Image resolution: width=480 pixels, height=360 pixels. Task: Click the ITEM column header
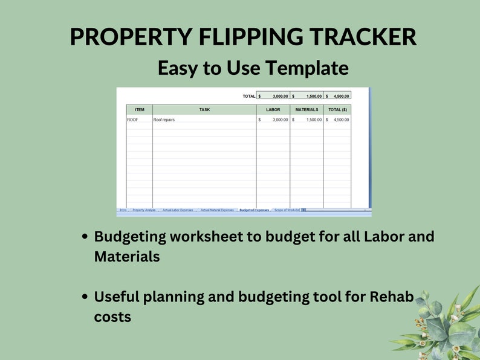(139, 109)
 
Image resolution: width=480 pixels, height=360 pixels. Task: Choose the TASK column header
(204, 109)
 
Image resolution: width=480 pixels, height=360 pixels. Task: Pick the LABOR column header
(273, 109)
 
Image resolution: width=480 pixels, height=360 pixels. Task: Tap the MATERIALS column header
(306, 109)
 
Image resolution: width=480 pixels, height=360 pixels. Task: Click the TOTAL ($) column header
(337, 109)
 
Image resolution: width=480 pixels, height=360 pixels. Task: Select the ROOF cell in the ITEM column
(133, 120)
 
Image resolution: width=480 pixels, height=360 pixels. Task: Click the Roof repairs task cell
(164, 120)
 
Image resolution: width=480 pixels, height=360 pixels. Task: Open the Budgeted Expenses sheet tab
(254, 210)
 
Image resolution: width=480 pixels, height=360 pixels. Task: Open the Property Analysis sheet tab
(144, 210)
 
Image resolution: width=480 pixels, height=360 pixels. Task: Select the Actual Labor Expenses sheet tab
(178, 210)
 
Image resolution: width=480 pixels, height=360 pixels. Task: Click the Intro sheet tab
(123, 210)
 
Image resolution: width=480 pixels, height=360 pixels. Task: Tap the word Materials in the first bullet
(126, 256)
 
